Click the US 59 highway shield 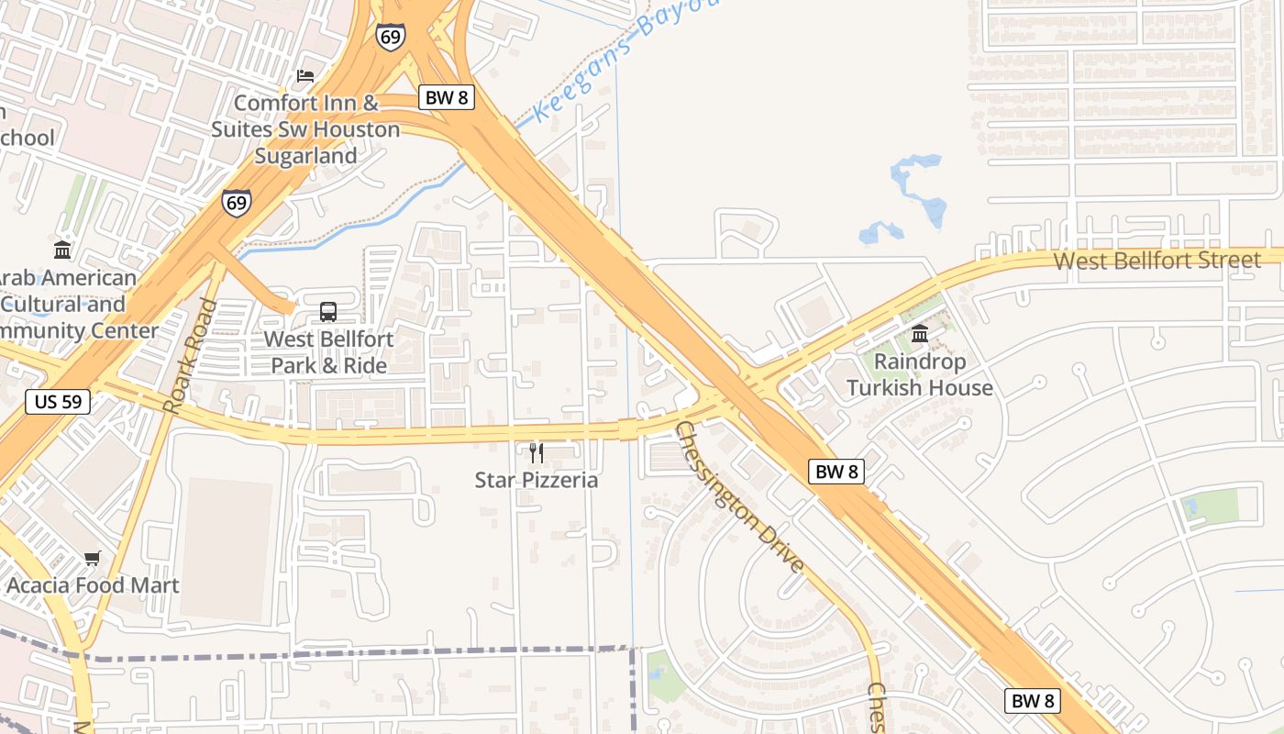coord(58,401)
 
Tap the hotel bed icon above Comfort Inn coord(305,76)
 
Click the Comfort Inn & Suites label coord(305,129)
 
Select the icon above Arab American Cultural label coord(62,250)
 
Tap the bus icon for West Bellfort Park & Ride coord(328,312)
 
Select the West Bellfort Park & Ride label coord(328,352)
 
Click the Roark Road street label coord(188,356)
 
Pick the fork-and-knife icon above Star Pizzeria coord(537,452)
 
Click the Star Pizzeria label coord(537,480)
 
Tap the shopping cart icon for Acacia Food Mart coord(93,558)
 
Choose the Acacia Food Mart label coord(93,585)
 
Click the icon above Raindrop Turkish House coord(920,333)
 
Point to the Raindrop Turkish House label coord(920,374)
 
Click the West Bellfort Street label coord(1157,261)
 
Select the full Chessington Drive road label coord(739,497)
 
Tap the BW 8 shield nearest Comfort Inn coord(447,97)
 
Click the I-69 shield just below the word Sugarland coord(237,203)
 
